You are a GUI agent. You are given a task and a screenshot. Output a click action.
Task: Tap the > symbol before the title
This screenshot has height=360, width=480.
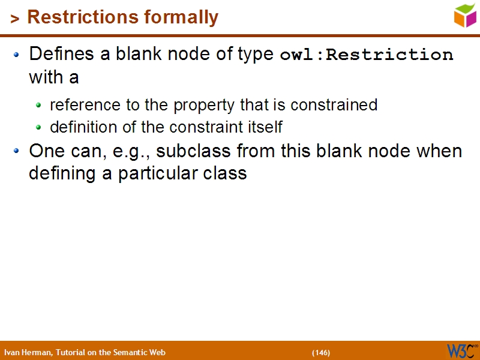pyautogui.click(x=15, y=19)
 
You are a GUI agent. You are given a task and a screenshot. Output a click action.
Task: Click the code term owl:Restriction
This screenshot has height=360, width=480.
pyautogui.click(x=367, y=55)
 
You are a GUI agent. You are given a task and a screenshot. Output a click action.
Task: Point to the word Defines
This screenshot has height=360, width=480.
pyautogui.click(x=62, y=54)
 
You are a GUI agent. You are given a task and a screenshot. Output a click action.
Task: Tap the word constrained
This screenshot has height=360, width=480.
pyautogui.click(x=334, y=105)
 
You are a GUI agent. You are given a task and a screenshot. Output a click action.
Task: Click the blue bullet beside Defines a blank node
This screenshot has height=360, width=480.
pyautogui.click(x=17, y=55)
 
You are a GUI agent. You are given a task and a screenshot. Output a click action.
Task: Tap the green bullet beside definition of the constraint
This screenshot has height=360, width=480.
pyautogui.click(x=39, y=128)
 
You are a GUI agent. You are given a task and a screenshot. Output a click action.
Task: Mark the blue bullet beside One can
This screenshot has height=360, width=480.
pyautogui.click(x=17, y=151)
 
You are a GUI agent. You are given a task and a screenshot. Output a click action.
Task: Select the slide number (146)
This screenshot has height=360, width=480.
pyautogui.click(x=320, y=352)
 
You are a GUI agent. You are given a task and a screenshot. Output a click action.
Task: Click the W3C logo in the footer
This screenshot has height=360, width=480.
pyautogui.click(x=461, y=350)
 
